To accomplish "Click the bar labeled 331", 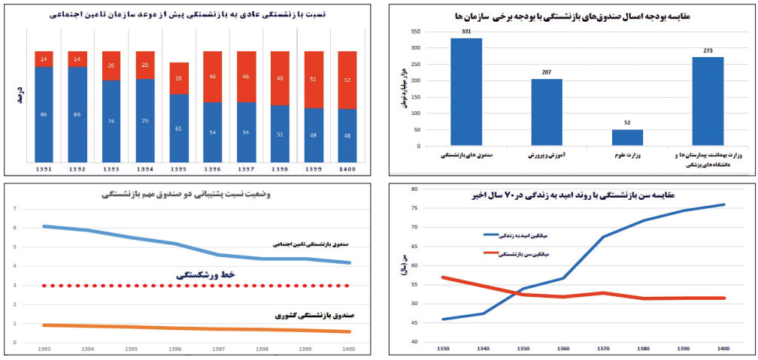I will point(466,92).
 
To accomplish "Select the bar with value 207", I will point(547,113).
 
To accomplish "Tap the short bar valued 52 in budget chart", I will point(627,138).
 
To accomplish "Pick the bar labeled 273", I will point(708,101).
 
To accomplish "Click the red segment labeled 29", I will point(179,78).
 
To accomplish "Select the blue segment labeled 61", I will point(179,128).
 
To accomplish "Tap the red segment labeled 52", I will point(347,80).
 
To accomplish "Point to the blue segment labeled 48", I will point(347,135).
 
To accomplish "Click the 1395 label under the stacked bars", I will point(179,170).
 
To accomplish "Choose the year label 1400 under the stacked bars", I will point(347,170).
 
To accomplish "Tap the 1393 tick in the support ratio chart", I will point(46,349).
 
